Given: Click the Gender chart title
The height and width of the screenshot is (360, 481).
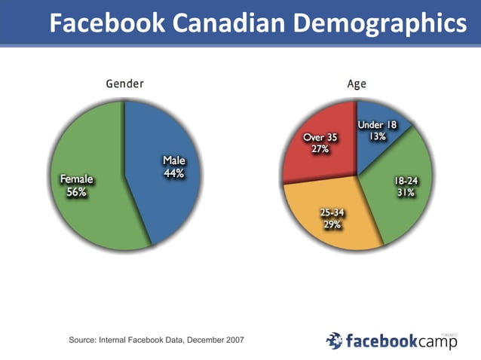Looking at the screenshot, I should click(124, 84).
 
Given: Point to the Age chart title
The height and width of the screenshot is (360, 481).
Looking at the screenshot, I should click(357, 84).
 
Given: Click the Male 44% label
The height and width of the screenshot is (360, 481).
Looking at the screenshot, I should click(174, 167).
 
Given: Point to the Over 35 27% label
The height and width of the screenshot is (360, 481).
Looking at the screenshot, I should click(320, 143).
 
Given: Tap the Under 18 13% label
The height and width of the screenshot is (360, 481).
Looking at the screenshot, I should click(378, 131).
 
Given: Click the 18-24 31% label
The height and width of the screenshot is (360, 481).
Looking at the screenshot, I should click(406, 187).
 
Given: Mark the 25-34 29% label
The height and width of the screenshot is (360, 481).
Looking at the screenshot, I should click(332, 218).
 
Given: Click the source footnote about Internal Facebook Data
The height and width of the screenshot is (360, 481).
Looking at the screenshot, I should click(156, 341).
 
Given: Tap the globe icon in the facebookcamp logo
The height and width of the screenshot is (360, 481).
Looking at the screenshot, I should click(334, 341).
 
